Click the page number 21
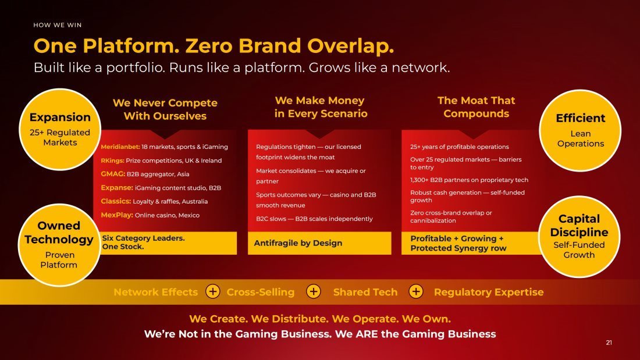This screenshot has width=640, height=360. (609, 343)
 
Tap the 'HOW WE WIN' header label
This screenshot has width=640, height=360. (58, 25)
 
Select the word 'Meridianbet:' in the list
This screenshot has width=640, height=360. (120, 147)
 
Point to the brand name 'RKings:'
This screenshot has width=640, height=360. (112, 161)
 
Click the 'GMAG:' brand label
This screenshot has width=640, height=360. (113, 174)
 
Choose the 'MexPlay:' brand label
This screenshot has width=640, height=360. (117, 215)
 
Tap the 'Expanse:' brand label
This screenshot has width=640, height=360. (117, 188)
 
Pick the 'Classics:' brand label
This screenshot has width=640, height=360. (116, 201)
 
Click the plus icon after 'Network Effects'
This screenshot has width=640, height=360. (212, 292)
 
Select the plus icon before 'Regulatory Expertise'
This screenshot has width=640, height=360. (416, 292)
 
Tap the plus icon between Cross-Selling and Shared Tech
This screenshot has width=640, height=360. (314, 292)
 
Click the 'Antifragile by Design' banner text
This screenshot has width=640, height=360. (298, 243)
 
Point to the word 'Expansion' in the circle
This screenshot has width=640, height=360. (60, 117)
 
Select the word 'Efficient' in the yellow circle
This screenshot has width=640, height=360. (581, 118)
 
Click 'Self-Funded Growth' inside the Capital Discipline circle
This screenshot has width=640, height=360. (579, 250)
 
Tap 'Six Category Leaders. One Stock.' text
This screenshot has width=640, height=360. (143, 242)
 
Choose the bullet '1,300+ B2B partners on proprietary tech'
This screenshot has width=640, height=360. (469, 180)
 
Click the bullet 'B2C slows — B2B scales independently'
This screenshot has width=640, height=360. (314, 219)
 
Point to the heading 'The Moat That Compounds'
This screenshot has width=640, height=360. (477, 107)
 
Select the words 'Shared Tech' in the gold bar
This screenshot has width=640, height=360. (365, 292)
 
